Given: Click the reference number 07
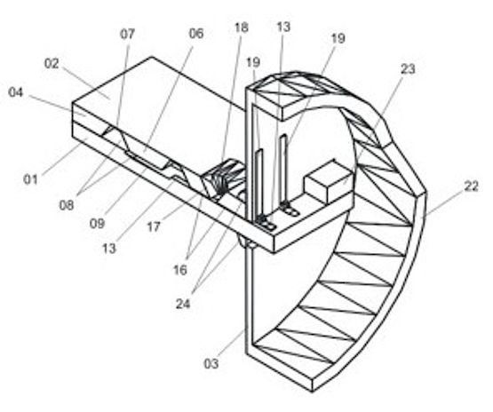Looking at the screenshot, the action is [127, 34].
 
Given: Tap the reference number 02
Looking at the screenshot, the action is [52, 63].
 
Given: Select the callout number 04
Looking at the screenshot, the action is [16, 92].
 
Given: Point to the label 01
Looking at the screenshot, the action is [30, 179].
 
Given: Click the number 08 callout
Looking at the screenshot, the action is [67, 205].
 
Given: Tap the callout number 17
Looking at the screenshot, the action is [154, 226].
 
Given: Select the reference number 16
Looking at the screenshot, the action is [180, 270].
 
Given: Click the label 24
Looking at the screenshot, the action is [183, 304].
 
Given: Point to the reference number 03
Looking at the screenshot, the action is [211, 363].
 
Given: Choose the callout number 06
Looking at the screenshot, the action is [196, 34].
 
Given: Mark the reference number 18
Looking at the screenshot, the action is [241, 28].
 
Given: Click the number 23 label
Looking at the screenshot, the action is [408, 69].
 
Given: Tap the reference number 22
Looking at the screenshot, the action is [472, 186].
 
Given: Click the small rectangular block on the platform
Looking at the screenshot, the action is [328, 181].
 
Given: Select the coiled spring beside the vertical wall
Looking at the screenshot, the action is [224, 178].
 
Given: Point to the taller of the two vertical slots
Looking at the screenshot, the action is [283, 170].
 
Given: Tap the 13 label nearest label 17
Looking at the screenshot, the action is [109, 249].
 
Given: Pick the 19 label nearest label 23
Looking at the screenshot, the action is [338, 38].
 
